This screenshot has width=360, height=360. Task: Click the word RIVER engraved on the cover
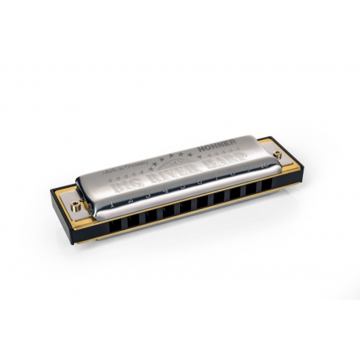pyautogui.click(x=172, y=175)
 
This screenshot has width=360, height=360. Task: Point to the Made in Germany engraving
pyautogui.click(x=132, y=170)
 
